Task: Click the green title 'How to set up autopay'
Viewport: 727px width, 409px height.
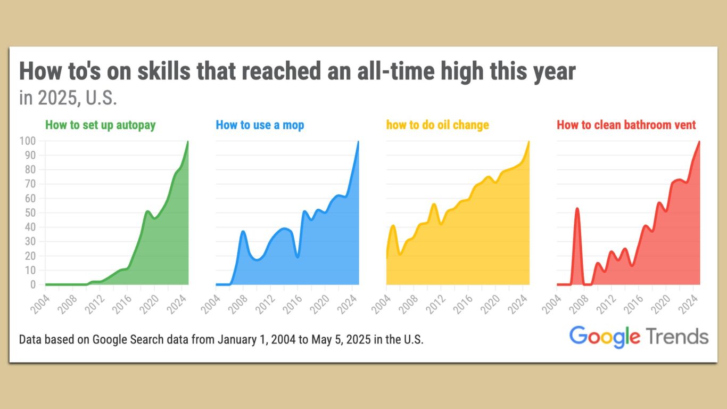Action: [100, 125]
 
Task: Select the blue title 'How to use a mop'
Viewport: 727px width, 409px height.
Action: [260, 125]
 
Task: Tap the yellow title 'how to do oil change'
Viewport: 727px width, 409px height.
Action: [437, 125]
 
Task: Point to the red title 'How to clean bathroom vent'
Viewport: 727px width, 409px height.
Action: [626, 125]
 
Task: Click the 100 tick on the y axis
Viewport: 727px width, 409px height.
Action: [27, 141]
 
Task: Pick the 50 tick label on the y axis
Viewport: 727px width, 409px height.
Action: [30, 213]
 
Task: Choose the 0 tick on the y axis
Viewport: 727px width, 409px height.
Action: [33, 284]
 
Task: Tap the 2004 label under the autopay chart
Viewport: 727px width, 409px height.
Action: [40, 305]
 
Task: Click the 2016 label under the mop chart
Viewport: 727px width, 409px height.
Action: [292, 305]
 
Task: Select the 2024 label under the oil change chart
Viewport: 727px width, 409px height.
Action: [517, 305]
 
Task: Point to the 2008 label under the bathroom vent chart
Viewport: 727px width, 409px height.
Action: [579, 305]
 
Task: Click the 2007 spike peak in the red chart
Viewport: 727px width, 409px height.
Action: [577, 209]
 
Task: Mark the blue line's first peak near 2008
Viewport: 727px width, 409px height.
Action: [243, 231]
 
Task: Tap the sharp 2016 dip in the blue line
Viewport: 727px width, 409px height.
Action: [298, 257]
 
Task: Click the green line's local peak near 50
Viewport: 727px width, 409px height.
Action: [147, 211]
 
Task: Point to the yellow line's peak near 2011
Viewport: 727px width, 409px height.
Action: [434, 204]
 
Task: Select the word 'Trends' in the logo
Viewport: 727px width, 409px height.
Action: [678, 336]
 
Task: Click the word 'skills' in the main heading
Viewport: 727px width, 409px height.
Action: [164, 71]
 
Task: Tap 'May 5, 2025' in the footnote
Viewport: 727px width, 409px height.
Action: [341, 339]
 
